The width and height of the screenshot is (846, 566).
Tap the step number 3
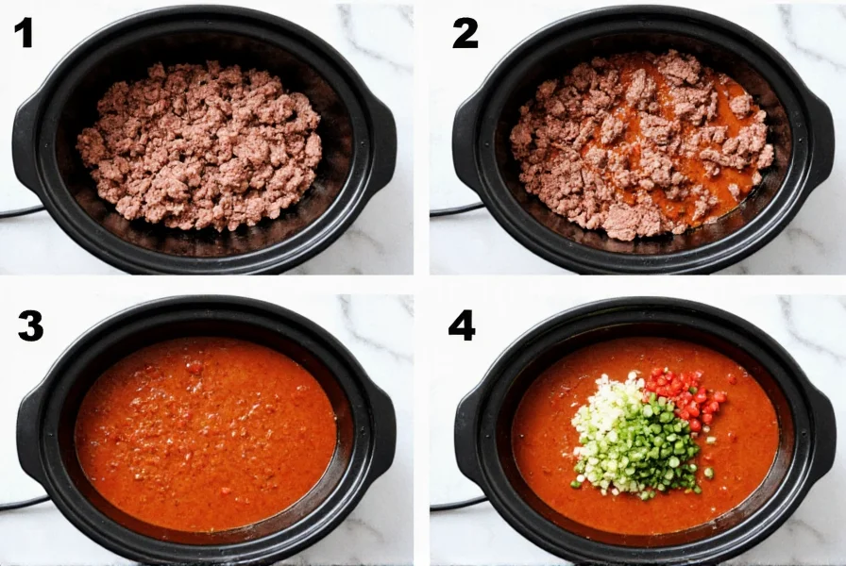(30, 325)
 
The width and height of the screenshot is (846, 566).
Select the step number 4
(462, 325)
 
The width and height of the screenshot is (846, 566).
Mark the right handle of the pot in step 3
(381, 429)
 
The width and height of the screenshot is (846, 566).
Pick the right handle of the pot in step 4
(821, 429)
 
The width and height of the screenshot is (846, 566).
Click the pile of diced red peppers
(687, 396)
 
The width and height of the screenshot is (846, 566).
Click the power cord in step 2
(449, 209)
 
